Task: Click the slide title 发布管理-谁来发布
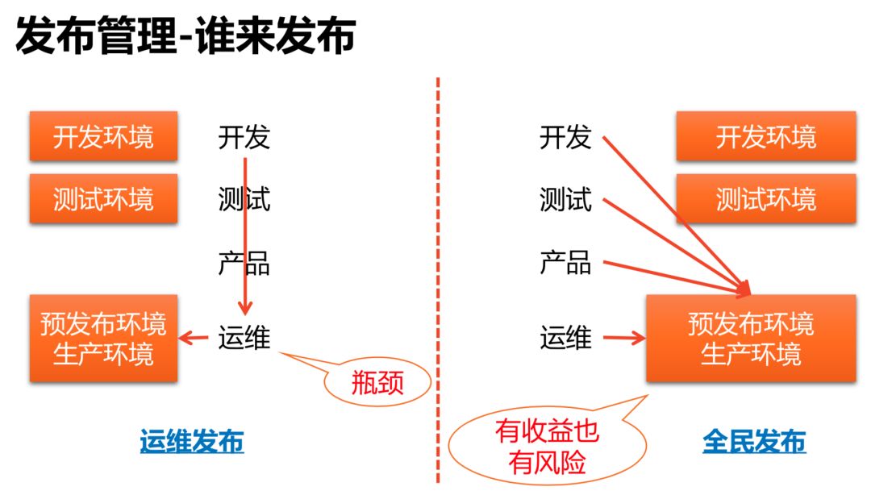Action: [x=185, y=36]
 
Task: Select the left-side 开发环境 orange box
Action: [x=103, y=136]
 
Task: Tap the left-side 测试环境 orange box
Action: [x=103, y=198]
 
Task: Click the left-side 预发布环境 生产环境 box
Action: [x=103, y=339]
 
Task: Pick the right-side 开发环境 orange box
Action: [x=765, y=136]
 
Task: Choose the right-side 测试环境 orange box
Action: [x=765, y=198]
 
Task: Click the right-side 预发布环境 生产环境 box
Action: [x=751, y=339]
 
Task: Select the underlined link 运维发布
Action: [x=191, y=442]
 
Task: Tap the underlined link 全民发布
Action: [x=753, y=442]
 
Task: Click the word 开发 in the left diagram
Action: [x=244, y=137]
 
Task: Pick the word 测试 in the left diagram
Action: [x=244, y=198]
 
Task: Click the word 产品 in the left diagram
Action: [x=244, y=263]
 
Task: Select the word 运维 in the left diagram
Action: [x=244, y=338]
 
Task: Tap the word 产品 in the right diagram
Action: [x=565, y=262]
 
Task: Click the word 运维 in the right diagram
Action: [x=565, y=338]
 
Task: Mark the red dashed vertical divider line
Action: [x=438, y=242]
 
